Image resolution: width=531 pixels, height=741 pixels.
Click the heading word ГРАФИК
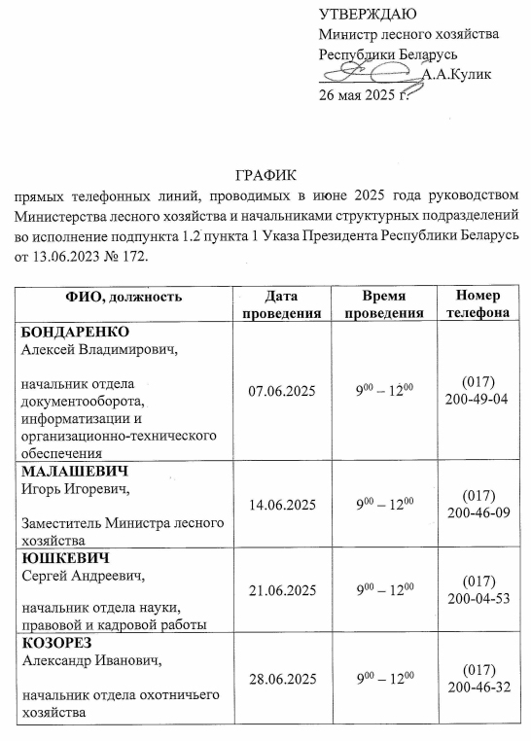265,176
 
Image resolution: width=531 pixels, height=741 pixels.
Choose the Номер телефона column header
476,304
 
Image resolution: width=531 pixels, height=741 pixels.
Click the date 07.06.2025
282,391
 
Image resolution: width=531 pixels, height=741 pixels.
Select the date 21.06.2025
282,590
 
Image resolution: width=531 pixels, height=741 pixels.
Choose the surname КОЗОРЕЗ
61,644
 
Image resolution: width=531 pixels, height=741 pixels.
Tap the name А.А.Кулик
457,75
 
